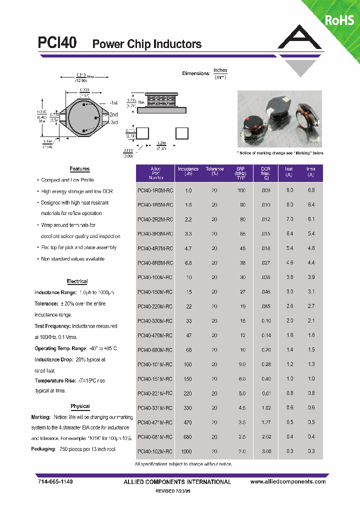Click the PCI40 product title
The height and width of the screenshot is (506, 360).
coord(57,43)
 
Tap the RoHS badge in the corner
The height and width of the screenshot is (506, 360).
coord(339,20)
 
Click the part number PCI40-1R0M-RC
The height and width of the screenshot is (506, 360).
coord(155,190)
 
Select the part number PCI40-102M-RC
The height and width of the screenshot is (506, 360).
coord(155,451)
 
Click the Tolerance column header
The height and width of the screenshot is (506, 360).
coord(214,171)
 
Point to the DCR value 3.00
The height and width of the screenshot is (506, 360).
coord(266,451)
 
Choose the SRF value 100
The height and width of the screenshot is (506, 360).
coord(241,190)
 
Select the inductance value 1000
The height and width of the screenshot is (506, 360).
coord(186,451)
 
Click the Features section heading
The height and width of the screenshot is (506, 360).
coord(79,169)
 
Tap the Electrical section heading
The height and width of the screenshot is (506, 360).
coord(77,281)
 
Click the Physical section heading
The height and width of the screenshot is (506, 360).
coord(80,406)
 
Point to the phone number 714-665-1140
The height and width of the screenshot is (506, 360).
coord(55,481)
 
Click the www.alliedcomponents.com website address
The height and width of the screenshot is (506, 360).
coord(287,481)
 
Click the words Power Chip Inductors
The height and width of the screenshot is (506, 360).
coord(147,44)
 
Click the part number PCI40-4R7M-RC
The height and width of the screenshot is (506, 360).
coord(155,248)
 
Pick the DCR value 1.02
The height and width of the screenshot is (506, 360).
coord(266,408)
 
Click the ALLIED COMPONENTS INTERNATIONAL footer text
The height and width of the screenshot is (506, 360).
coord(177,482)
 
